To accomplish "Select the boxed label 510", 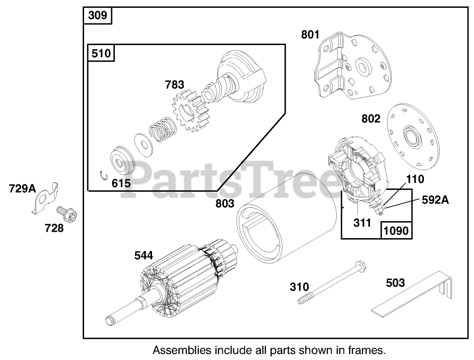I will [101, 53].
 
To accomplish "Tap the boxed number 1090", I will [396, 230].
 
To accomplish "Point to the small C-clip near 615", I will [104, 173].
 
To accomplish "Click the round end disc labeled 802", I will [409, 136].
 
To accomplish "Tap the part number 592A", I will [435, 200].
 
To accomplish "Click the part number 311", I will [362, 223].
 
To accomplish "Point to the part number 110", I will [415, 178].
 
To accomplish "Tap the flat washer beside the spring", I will [143, 142].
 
